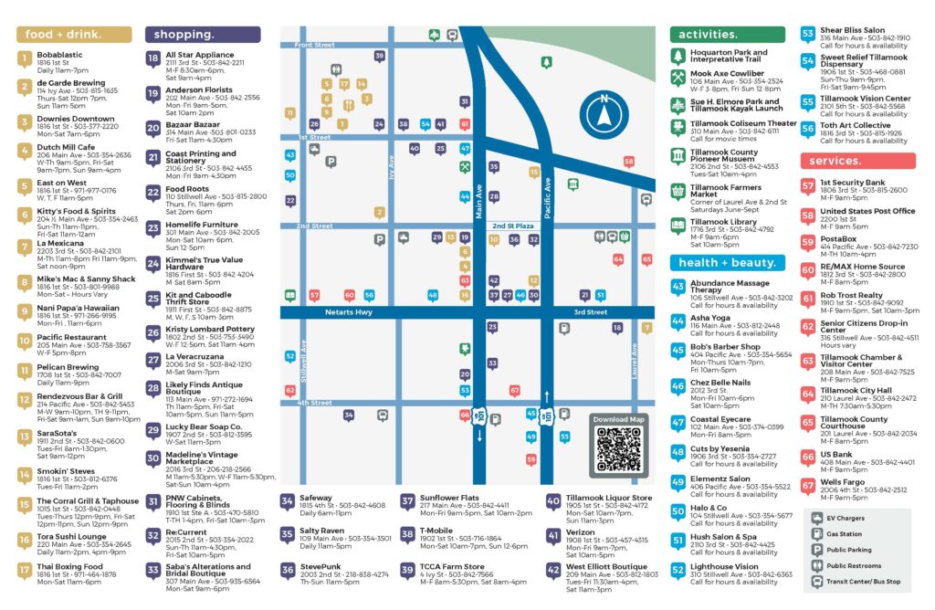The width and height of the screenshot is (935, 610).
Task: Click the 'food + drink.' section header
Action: click(64, 35)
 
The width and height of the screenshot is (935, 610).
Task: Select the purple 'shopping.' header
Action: click(192, 35)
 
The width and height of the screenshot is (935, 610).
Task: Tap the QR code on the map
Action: click(618, 448)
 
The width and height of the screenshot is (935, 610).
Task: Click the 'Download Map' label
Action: click(618, 419)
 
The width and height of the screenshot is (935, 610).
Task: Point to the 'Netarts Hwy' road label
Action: click(350, 311)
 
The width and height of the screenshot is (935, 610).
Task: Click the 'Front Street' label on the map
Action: click(315, 45)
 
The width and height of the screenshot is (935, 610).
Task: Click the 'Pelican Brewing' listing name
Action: click(68, 366)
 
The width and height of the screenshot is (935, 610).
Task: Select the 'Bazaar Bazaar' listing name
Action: click(193, 123)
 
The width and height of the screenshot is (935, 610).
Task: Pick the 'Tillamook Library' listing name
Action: click(725, 221)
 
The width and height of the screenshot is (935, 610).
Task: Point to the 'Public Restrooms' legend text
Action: click(855, 565)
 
